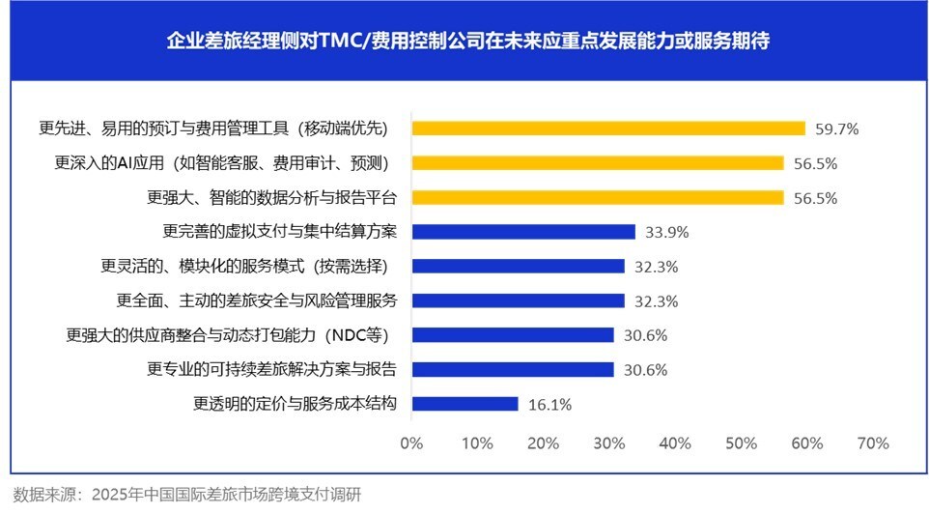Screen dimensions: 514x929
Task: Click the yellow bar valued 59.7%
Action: [608, 128]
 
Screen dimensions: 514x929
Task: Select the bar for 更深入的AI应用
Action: [598, 163]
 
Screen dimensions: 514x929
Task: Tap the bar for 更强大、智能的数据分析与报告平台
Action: [598, 197]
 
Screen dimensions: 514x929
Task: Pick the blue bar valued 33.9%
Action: [523, 232]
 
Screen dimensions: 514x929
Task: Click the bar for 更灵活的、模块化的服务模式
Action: [518, 266]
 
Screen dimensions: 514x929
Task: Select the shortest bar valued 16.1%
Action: [464, 404]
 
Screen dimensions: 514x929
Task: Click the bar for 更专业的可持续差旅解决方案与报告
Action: [513, 369]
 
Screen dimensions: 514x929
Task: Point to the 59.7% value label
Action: [837, 128]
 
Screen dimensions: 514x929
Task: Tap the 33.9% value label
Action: [667, 232]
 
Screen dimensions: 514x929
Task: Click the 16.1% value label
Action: [550, 404]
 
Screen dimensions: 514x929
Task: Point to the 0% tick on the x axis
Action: [411, 443]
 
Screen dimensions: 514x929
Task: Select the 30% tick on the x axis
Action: [609, 443]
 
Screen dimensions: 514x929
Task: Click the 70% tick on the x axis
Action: [873, 443]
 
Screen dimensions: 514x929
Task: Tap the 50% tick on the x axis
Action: [741, 443]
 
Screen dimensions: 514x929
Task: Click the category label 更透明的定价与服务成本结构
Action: [296, 404]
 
